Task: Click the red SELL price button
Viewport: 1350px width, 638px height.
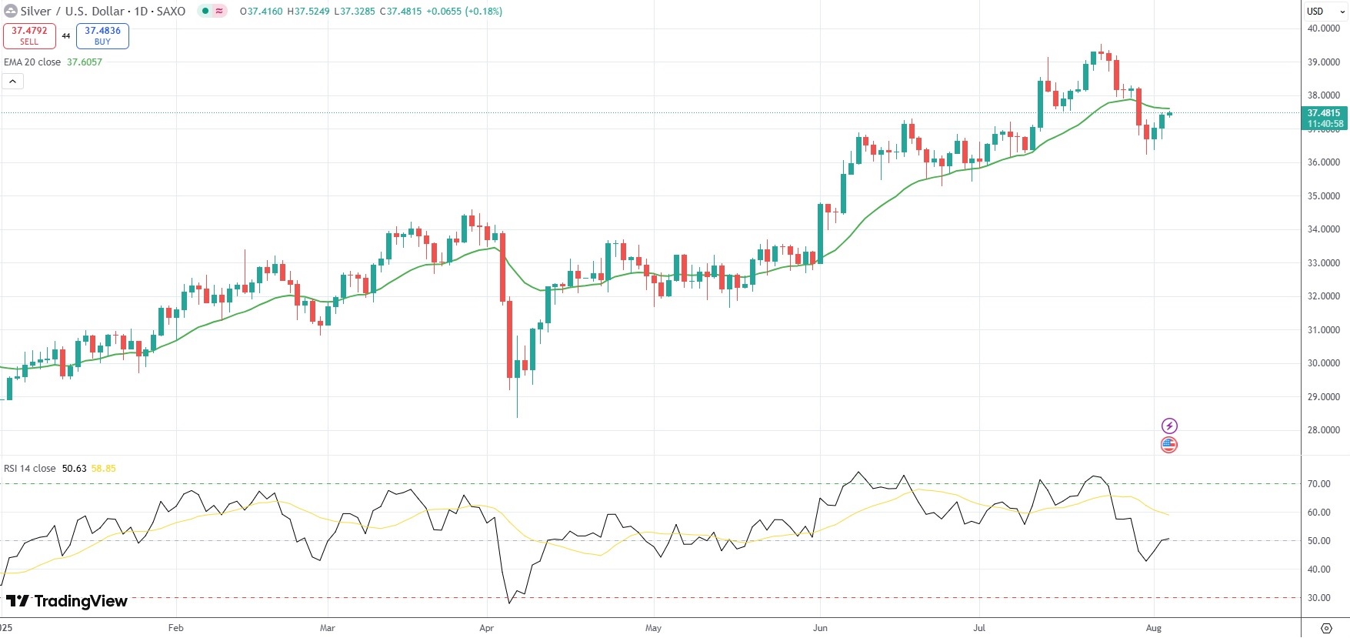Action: click(29, 35)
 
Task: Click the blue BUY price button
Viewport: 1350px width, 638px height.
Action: click(102, 35)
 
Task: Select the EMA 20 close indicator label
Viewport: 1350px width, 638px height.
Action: click(32, 62)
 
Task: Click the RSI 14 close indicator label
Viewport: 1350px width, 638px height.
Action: click(30, 469)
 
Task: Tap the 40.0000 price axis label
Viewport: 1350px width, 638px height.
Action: click(1323, 28)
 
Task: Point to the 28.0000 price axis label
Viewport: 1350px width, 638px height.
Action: click(1323, 430)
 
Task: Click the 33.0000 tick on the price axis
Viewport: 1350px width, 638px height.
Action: click(1323, 263)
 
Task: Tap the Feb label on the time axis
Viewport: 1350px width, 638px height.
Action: click(176, 628)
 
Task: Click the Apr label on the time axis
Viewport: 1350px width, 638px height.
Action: click(487, 628)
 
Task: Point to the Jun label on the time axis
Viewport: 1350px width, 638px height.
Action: click(821, 628)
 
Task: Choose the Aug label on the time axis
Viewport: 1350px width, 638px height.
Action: click(1154, 628)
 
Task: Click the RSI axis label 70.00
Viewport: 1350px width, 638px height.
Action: click(1318, 484)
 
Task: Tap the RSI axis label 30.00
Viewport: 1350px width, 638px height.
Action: click(1318, 598)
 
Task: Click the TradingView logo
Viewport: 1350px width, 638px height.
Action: click(67, 601)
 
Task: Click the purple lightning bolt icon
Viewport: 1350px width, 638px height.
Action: click(1169, 426)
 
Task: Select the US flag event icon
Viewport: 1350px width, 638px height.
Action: click(1169, 444)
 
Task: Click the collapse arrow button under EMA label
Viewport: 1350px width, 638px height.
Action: click(13, 81)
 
